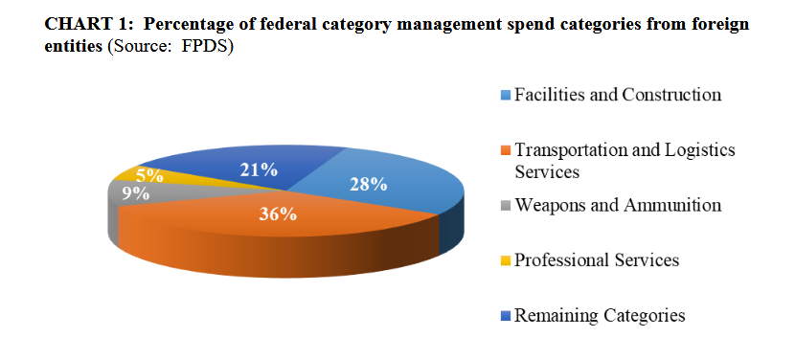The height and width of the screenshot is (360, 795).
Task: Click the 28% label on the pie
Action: coord(368,185)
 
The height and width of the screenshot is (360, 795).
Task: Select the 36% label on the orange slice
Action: coord(278,214)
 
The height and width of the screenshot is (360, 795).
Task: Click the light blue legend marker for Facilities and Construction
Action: coord(507,96)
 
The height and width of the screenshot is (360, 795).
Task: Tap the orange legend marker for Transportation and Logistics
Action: coord(507,151)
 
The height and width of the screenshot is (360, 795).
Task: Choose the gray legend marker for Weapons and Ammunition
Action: coord(507,206)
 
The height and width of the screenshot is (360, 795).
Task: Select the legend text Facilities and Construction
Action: coord(617,95)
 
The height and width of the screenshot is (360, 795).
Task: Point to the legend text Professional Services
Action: coord(596,260)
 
